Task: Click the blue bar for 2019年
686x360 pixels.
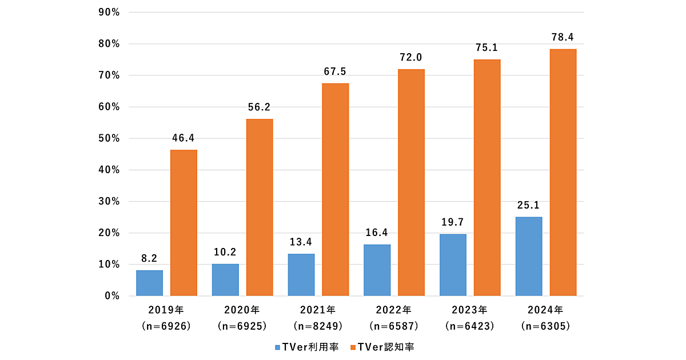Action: (149, 283)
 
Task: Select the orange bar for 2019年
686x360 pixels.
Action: (184, 223)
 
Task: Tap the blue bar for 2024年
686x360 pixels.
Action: (529, 257)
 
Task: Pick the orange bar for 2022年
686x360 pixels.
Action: (411, 183)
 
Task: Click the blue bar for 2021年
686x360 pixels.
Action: (301, 275)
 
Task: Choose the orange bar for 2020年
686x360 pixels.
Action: (260, 207)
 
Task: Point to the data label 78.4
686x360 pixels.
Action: (563, 38)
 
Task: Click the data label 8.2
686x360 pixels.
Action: (149, 258)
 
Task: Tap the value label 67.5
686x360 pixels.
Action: (335, 72)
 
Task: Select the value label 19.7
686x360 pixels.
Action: (453, 222)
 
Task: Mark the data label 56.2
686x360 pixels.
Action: (260, 107)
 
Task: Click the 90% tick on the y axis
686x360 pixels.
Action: (107, 12)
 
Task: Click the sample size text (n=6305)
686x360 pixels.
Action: (544, 326)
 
